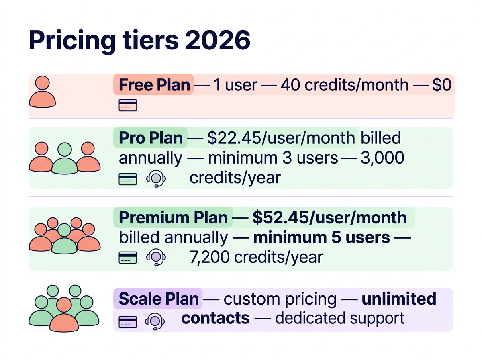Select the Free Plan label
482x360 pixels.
154,85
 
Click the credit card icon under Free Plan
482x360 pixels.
128,105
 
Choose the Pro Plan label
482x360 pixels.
151,138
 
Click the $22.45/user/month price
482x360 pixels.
281,138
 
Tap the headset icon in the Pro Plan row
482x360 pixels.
156,178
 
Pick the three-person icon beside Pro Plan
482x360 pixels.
64,157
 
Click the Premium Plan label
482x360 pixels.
174,217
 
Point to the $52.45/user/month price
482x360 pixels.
329,217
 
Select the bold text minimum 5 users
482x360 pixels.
322,237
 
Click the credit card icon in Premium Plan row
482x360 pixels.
128,258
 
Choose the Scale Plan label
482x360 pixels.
159,299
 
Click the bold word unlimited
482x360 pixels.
399,299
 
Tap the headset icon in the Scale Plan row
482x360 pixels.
156,320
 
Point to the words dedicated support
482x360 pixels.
340,318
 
